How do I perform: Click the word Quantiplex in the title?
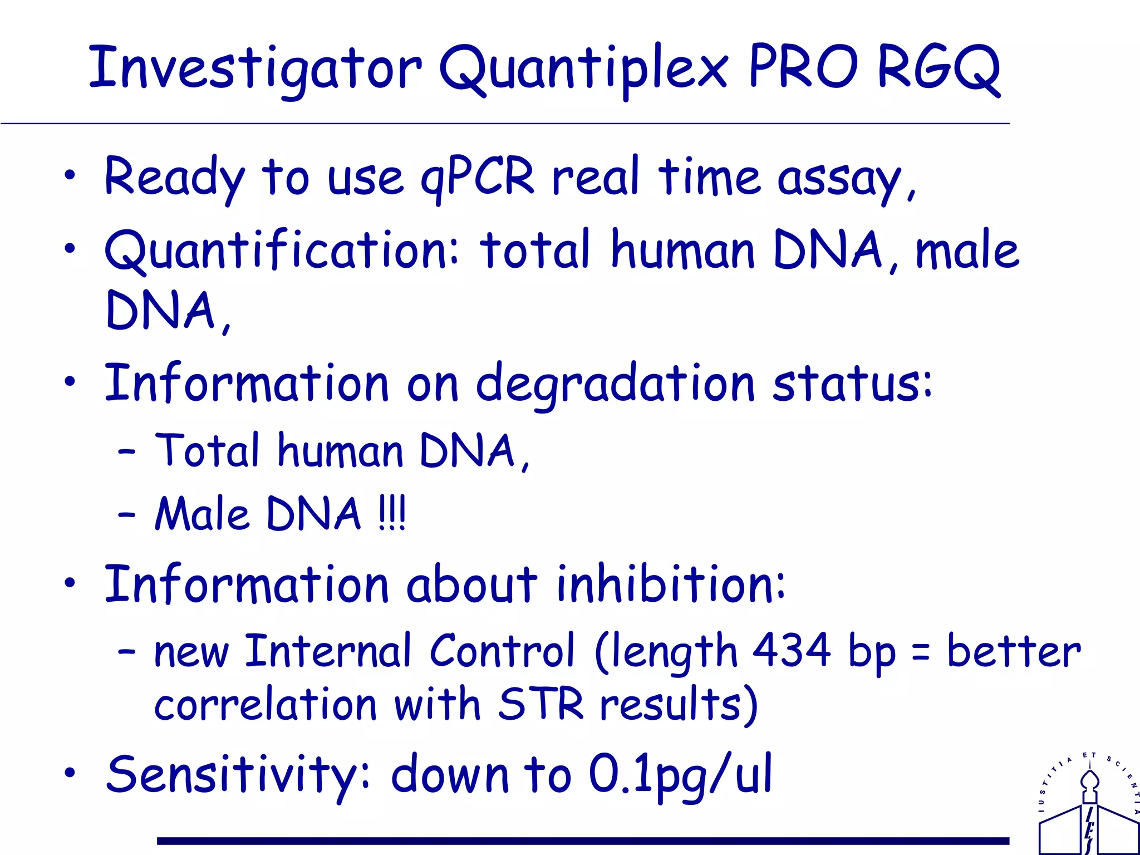tap(583, 70)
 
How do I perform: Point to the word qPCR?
tap(477, 178)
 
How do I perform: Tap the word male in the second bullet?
tap(967, 250)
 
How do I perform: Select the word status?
tap(852, 383)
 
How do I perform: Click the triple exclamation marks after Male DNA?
tap(392, 513)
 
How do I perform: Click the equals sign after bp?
tap(921, 653)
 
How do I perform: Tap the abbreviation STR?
tap(540, 704)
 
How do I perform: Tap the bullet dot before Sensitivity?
tap(70, 773)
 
